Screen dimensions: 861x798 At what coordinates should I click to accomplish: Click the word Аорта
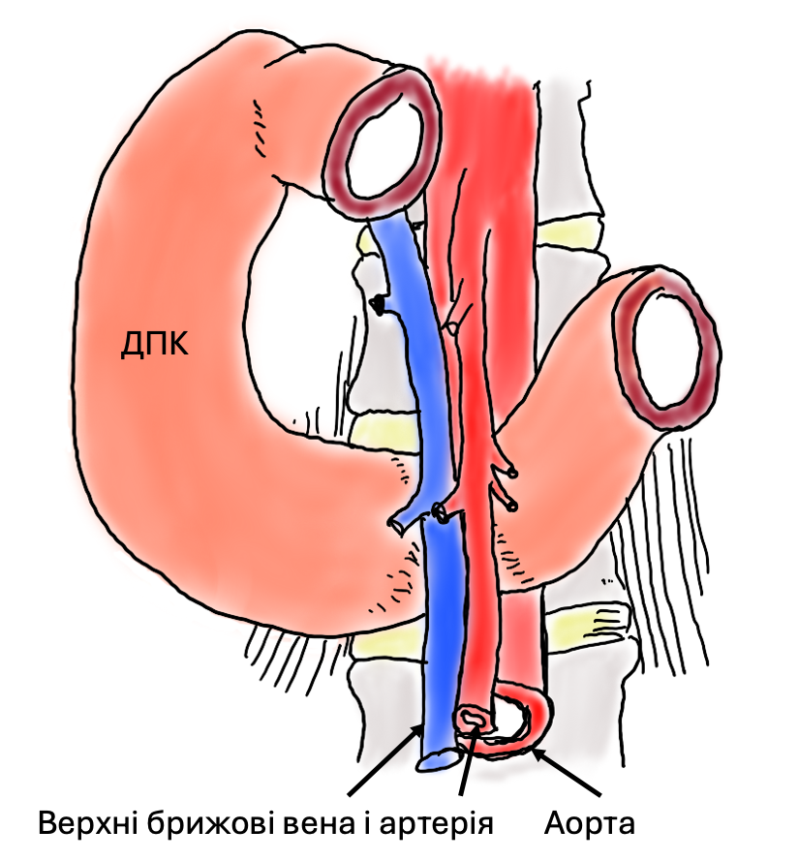click(589, 824)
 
